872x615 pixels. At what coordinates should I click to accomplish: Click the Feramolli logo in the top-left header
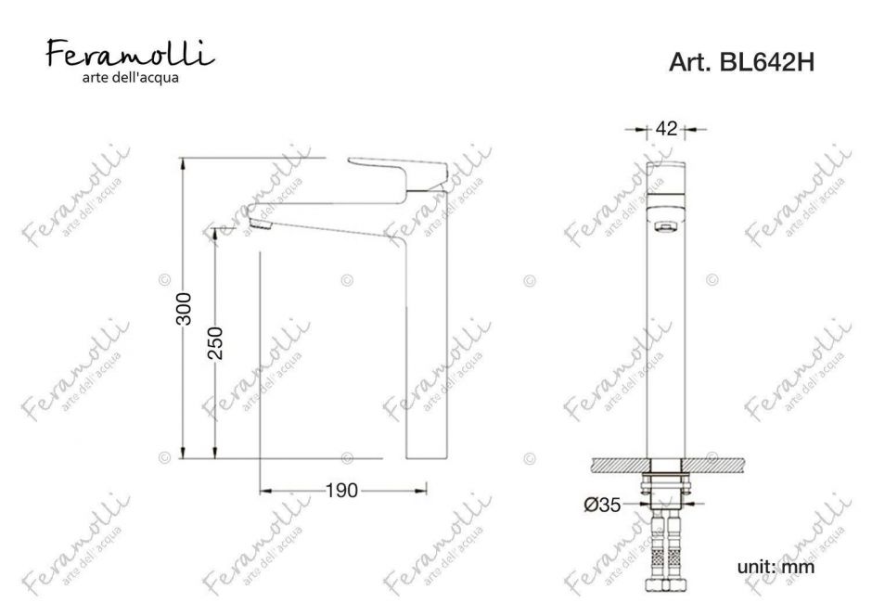130,55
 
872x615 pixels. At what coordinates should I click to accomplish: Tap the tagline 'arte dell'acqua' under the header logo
130,77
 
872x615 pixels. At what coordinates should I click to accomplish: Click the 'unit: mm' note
776,566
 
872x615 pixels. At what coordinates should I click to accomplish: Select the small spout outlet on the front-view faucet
663,225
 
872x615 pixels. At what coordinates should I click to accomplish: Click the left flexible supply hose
653,557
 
